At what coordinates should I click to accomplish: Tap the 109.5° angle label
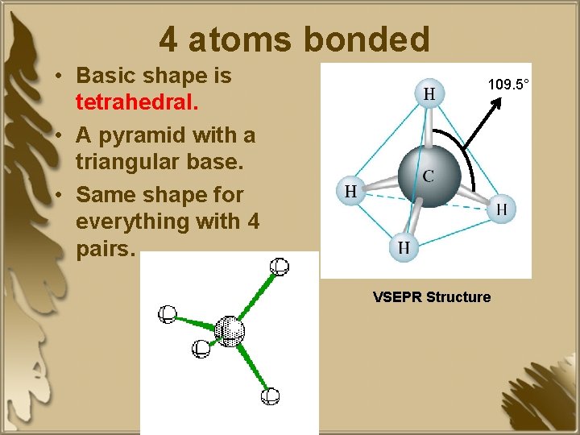pos(508,84)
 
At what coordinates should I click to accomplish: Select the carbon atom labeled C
pos(429,176)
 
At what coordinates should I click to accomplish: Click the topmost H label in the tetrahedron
pos(429,94)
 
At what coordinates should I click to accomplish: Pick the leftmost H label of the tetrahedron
pos(350,192)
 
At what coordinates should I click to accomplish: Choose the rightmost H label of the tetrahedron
pos(501,209)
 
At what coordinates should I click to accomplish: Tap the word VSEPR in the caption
pos(397,297)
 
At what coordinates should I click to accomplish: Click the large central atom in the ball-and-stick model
pos(230,330)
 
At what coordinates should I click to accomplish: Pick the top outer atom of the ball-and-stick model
pos(280,267)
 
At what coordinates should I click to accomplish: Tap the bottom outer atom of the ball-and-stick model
pos(271,396)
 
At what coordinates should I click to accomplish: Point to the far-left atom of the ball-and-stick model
pos(168,314)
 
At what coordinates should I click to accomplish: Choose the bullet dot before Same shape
pos(60,195)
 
